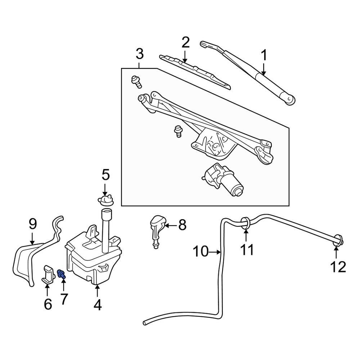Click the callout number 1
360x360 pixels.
[x=264, y=56]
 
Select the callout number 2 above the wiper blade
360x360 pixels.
[x=185, y=43]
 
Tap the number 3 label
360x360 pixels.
[x=139, y=55]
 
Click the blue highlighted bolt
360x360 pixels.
[x=61, y=275]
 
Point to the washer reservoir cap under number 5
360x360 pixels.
[x=105, y=200]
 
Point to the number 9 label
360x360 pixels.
[x=33, y=225]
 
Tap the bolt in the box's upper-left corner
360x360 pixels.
[x=137, y=81]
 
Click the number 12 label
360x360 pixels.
[x=338, y=267]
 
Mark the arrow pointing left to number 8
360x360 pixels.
[x=171, y=226]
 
